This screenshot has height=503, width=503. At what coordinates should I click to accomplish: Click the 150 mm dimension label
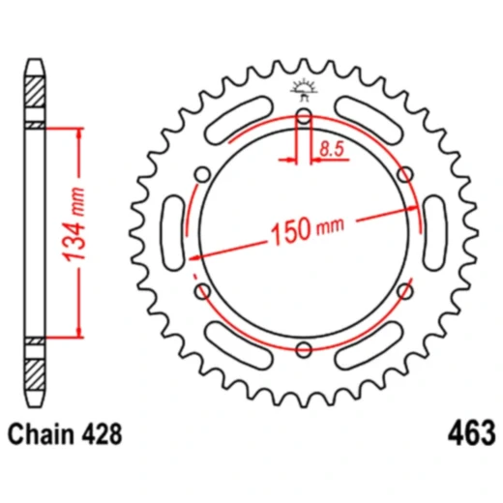click(308, 228)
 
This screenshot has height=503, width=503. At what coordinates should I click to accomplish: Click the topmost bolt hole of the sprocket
click(304, 116)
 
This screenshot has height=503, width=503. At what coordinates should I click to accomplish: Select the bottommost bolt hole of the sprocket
click(304, 349)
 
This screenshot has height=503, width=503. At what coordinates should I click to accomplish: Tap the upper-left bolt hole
click(202, 174)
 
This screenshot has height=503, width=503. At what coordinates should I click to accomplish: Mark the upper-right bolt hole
click(405, 174)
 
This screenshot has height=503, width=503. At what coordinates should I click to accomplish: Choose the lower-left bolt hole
click(202, 291)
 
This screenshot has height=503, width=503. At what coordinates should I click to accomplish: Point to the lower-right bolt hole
click(405, 291)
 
